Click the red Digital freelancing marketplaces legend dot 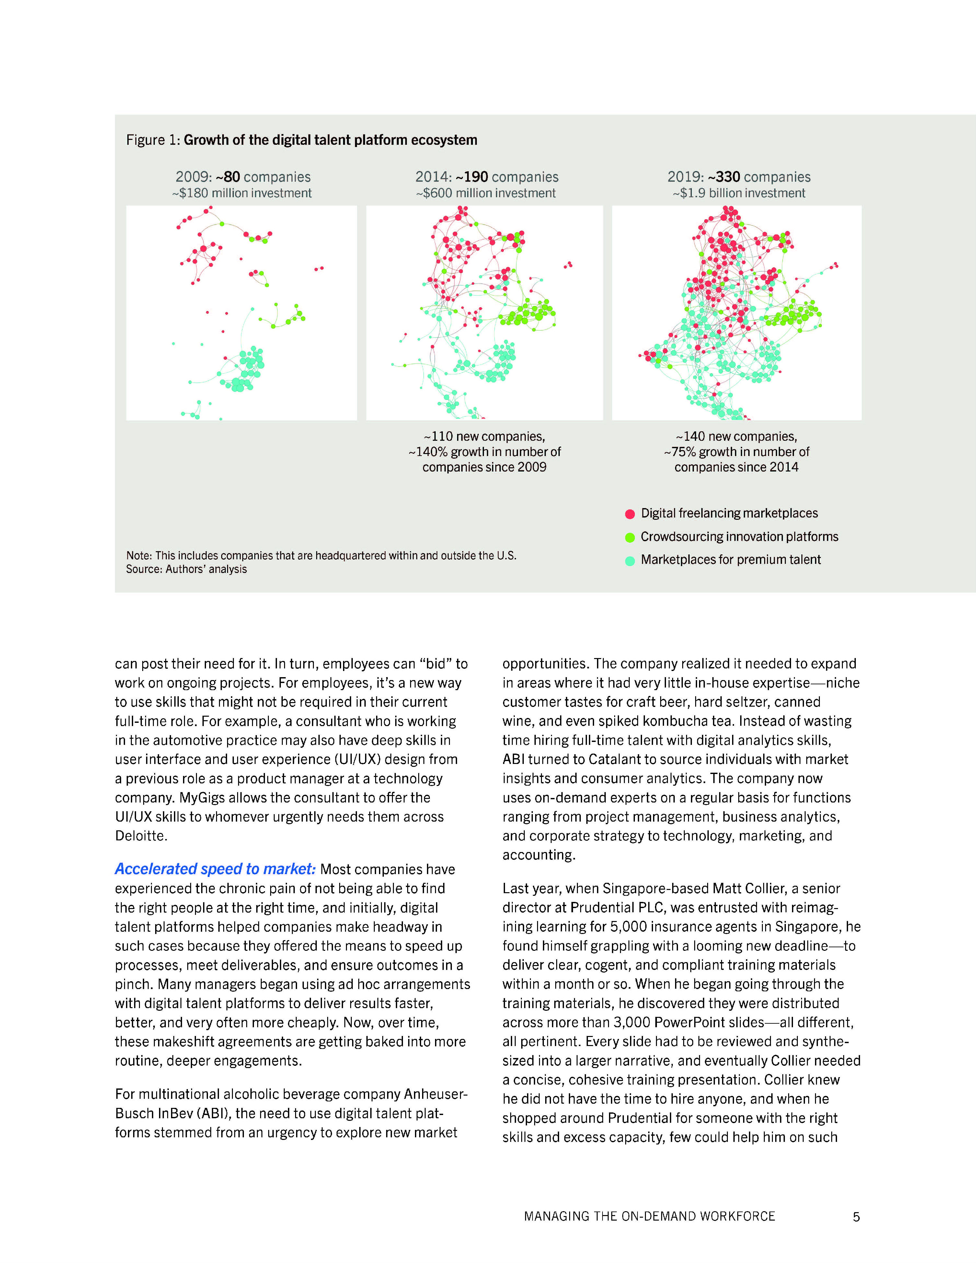click(630, 514)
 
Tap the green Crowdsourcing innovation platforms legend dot click(630, 537)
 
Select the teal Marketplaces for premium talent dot click(630, 560)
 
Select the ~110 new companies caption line click(484, 437)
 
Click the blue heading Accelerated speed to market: click(215, 869)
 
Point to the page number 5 click(856, 1217)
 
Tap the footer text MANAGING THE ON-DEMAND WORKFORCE click(649, 1216)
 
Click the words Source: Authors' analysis click(186, 570)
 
